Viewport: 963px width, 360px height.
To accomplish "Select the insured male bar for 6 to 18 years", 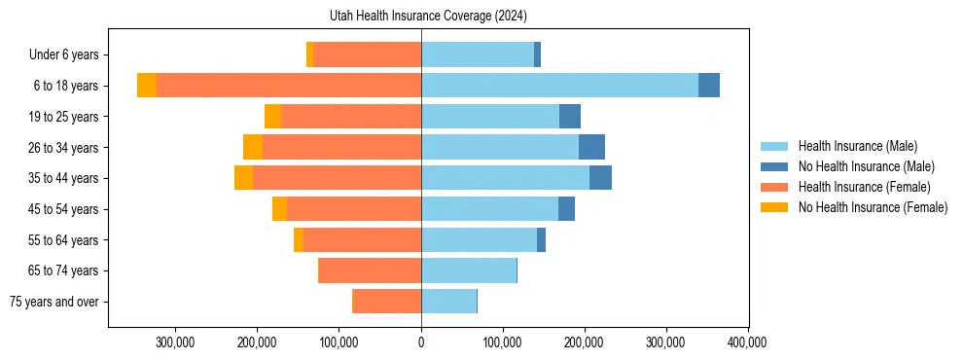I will (559, 86).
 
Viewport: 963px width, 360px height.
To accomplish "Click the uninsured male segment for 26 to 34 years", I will (591, 147).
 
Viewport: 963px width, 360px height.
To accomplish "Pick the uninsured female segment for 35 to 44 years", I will (243, 178).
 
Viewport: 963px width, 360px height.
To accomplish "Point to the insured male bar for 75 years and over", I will (448, 302).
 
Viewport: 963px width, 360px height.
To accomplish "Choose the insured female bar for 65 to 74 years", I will (370, 270).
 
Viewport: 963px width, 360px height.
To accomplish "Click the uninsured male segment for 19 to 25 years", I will (570, 117).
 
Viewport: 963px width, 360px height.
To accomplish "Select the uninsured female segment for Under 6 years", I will (309, 54).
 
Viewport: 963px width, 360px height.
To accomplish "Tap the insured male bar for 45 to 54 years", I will (489, 209).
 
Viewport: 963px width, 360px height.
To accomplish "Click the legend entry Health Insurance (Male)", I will (857, 146).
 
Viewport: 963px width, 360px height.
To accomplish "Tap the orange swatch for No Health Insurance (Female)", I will (775, 207).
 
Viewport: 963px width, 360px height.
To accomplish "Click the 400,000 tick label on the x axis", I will (747, 342).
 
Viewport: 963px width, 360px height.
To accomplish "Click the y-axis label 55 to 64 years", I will (66, 240).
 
